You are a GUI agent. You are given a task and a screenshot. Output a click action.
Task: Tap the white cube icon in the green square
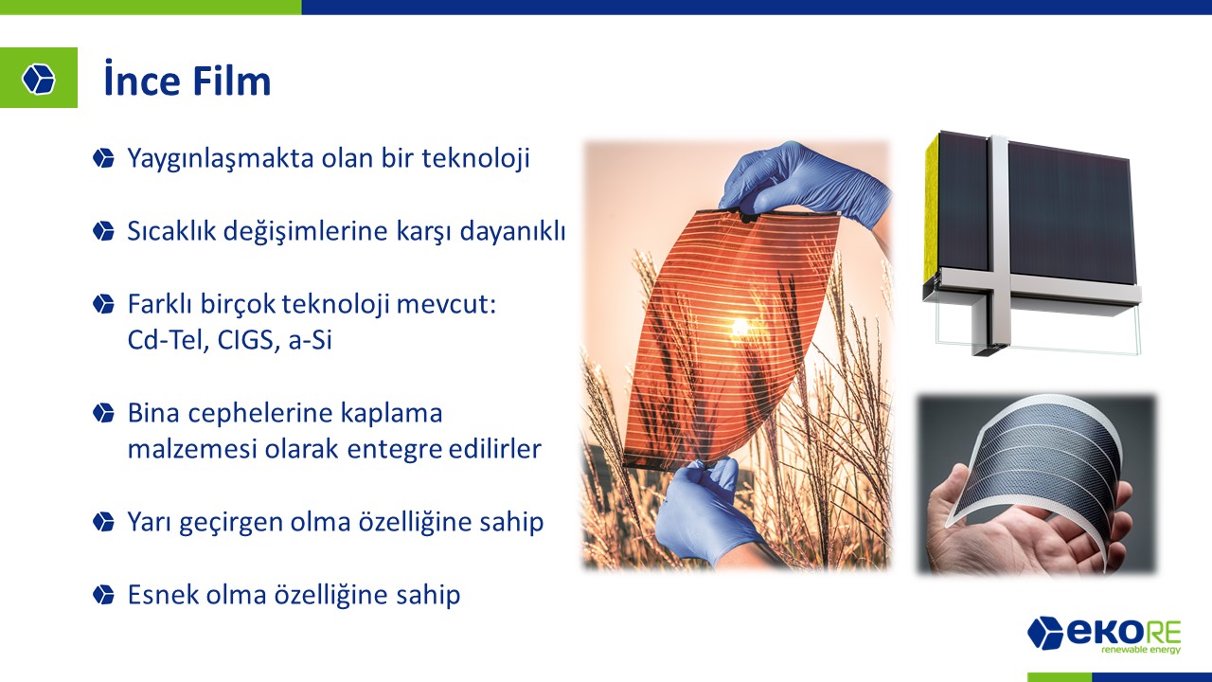point(39,79)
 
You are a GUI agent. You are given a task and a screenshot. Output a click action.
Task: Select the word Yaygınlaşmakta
point(222,159)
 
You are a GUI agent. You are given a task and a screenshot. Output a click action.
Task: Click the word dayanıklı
point(512,232)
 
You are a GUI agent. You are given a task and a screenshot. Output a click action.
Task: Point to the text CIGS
point(245,340)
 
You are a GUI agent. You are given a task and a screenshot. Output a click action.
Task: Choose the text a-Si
point(310,340)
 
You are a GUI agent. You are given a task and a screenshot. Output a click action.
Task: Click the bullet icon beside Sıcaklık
point(103,231)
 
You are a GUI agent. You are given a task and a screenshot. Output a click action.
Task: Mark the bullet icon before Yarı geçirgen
point(103,522)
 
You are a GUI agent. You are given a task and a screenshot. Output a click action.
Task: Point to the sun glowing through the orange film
point(740,327)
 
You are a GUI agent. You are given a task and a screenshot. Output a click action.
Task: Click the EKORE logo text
point(1104,631)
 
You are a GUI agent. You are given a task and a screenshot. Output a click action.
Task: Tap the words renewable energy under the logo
point(1141,650)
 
